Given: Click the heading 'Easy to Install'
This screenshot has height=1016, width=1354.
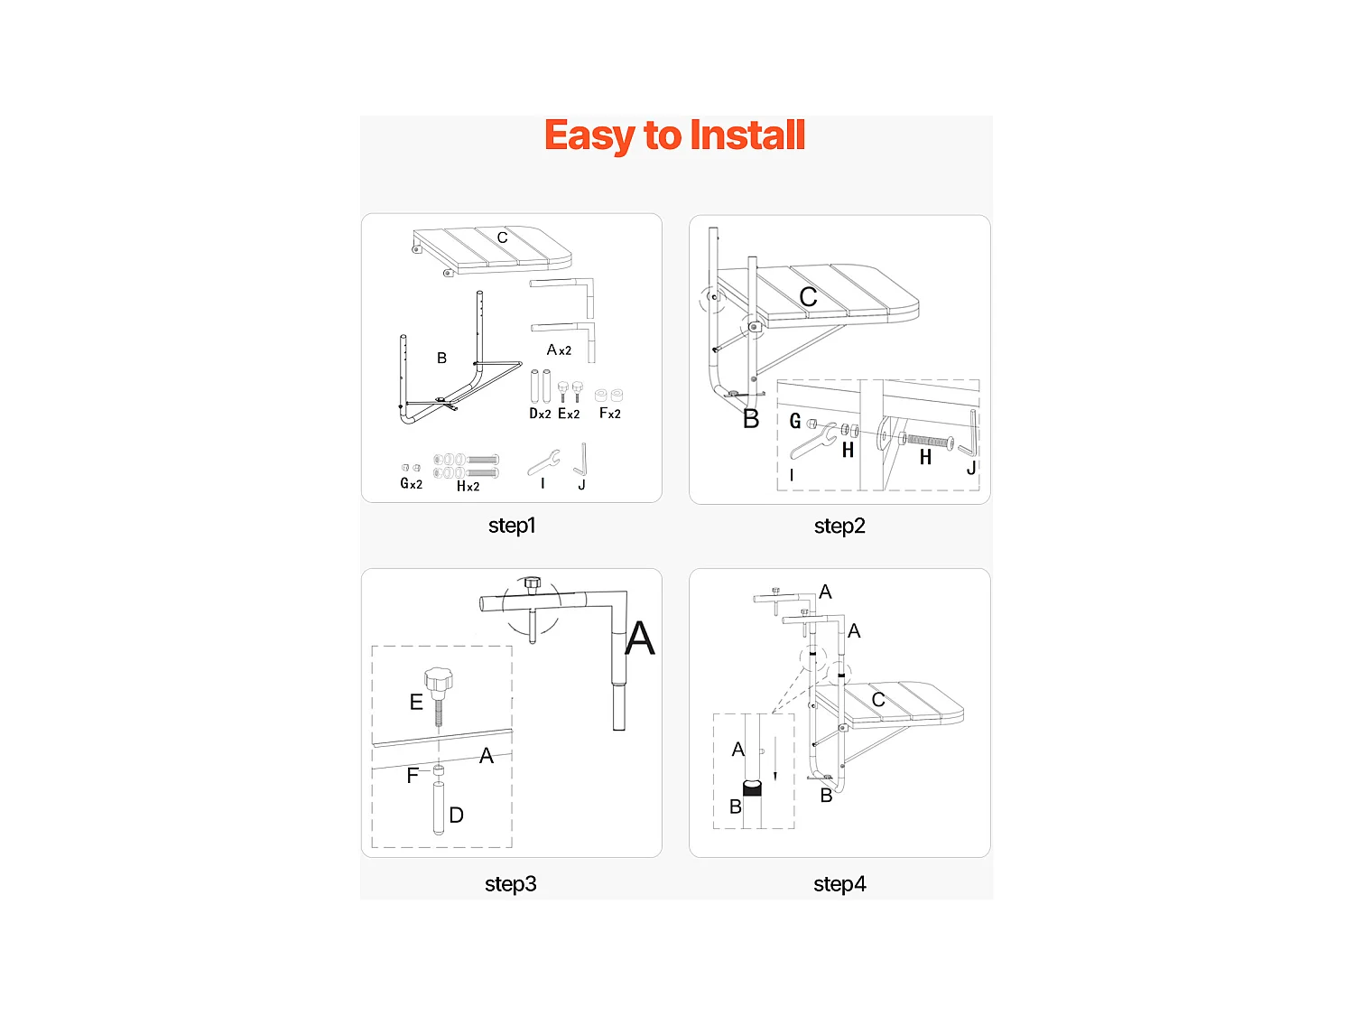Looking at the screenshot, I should (x=674, y=136).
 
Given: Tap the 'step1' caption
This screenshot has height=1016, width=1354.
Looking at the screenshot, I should (x=512, y=526).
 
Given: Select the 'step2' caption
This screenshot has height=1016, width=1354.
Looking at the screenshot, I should (x=839, y=527).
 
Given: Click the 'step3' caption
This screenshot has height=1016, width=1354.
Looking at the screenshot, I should (x=511, y=884).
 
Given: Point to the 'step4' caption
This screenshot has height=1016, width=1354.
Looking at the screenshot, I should (x=839, y=884).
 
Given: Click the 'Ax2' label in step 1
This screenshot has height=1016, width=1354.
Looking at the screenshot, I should (x=559, y=350).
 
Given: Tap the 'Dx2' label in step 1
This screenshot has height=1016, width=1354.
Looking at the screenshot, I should (x=540, y=414).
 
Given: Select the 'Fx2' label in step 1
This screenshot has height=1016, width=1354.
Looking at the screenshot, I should (x=610, y=414).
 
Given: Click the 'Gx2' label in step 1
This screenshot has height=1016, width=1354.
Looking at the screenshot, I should (x=411, y=484).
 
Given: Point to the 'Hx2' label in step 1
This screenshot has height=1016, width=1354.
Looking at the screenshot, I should (x=468, y=487).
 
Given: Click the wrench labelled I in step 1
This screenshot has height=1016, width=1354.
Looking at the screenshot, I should (x=543, y=462).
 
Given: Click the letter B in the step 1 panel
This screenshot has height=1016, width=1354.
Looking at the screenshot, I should (x=441, y=359).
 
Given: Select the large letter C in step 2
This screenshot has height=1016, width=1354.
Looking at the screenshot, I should (x=808, y=297).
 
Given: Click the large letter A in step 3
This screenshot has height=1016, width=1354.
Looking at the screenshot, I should (x=639, y=639).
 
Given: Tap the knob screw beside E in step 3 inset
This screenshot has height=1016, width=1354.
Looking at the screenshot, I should (x=438, y=691).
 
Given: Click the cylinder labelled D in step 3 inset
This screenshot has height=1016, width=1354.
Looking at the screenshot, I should (x=439, y=807).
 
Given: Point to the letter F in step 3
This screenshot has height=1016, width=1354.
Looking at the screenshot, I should (x=413, y=776).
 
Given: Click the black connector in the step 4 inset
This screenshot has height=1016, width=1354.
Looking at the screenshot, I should (x=752, y=788).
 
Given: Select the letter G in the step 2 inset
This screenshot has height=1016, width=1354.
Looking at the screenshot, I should (x=795, y=421).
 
